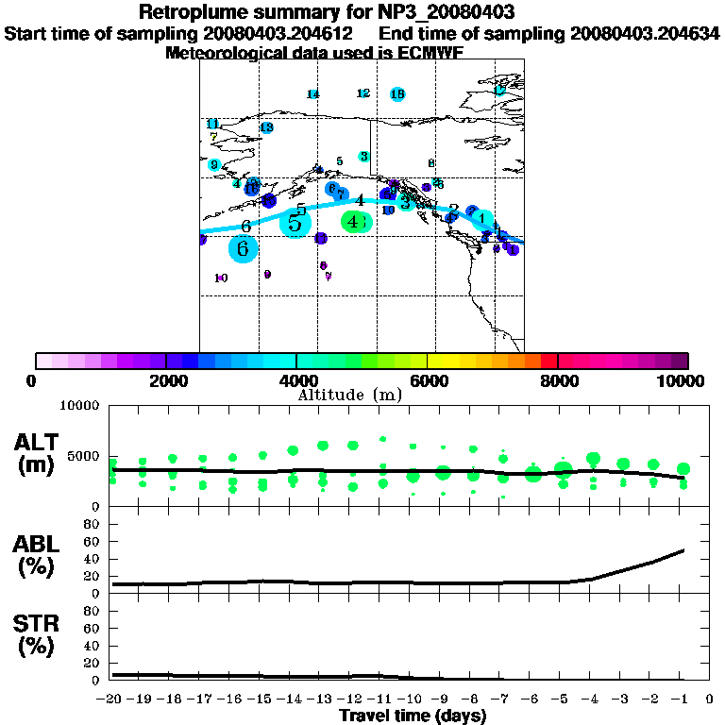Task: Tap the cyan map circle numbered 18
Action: (x=397, y=93)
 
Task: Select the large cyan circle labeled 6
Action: (x=244, y=249)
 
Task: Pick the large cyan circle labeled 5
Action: (x=295, y=224)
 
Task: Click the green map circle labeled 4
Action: (x=354, y=222)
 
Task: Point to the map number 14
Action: (x=312, y=94)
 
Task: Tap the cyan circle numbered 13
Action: (x=266, y=127)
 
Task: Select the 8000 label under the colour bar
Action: (x=558, y=380)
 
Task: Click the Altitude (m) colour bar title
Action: (x=350, y=394)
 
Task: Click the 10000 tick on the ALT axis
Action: (x=80, y=406)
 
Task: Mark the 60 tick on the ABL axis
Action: (x=93, y=541)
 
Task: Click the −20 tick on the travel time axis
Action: (x=112, y=700)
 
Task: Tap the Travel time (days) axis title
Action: (x=413, y=716)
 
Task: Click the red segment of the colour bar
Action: (x=548, y=361)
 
